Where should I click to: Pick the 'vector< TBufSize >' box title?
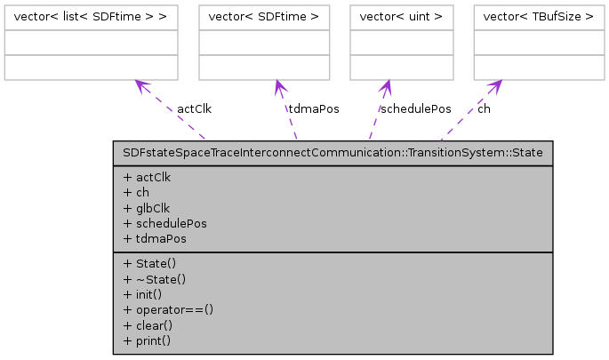(533, 15)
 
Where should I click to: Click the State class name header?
(333, 152)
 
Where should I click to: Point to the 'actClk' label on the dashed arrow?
(194, 109)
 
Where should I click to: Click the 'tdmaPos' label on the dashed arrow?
(313, 109)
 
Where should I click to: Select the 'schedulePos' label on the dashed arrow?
(414, 109)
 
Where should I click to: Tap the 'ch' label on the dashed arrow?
(484, 109)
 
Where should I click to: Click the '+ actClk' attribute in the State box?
(147, 177)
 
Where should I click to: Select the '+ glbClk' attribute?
(148, 208)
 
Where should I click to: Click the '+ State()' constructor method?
(150, 264)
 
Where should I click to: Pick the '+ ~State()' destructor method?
(154, 279)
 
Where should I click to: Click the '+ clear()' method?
(147, 325)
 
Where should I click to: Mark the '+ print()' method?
(147, 340)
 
